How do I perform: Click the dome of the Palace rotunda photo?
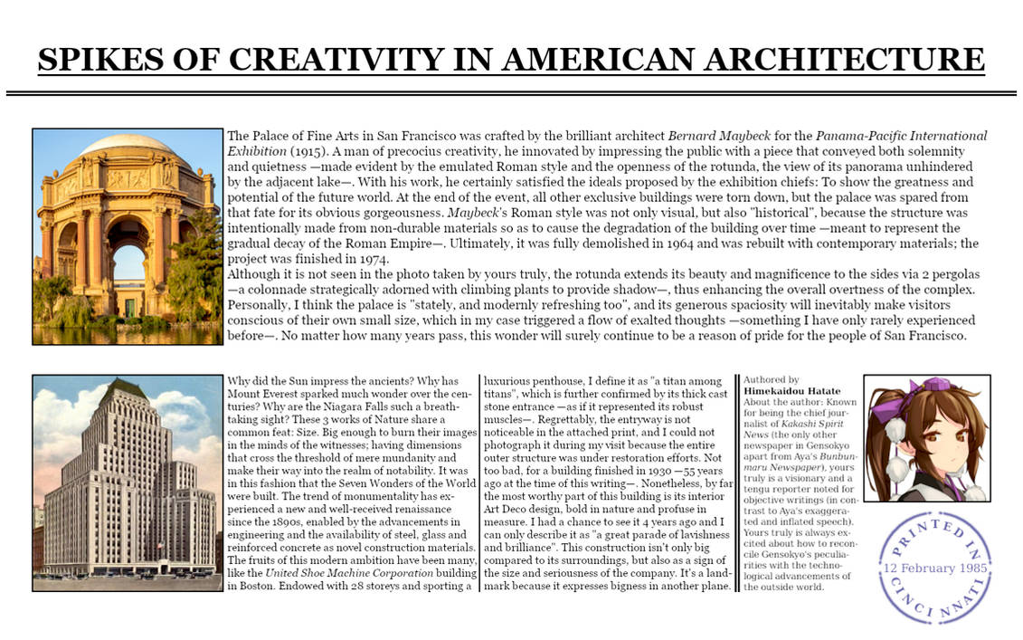point(127,145)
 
